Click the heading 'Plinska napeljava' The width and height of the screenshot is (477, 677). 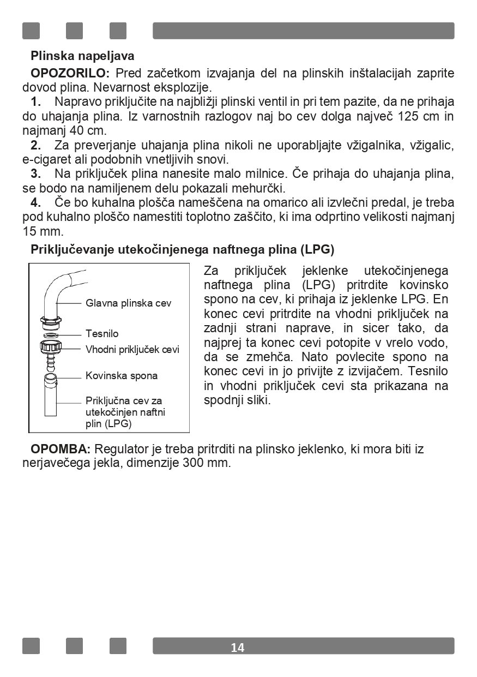pyautogui.click(x=82, y=56)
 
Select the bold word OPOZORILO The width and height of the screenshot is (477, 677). pyautogui.click(x=70, y=73)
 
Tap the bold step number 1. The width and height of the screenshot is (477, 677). pyautogui.click(x=36, y=101)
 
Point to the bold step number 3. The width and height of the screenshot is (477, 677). pyautogui.click(x=36, y=174)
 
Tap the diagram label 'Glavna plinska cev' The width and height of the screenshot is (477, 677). pyautogui.click(x=128, y=303)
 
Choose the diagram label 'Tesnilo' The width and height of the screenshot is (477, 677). pyautogui.click(x=102, y=333)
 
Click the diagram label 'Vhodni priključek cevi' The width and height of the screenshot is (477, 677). pyautogui.click(x=132, y=349)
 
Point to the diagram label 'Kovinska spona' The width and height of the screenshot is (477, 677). pyautogui.click(x=122, y=375)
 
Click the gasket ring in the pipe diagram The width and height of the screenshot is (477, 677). pyautogui.click(x=51, y=334)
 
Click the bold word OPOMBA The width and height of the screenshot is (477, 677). pyautogui.click(x=61, y=449)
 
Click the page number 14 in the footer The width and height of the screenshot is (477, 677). pyautogui.click(x=238, y=648)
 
